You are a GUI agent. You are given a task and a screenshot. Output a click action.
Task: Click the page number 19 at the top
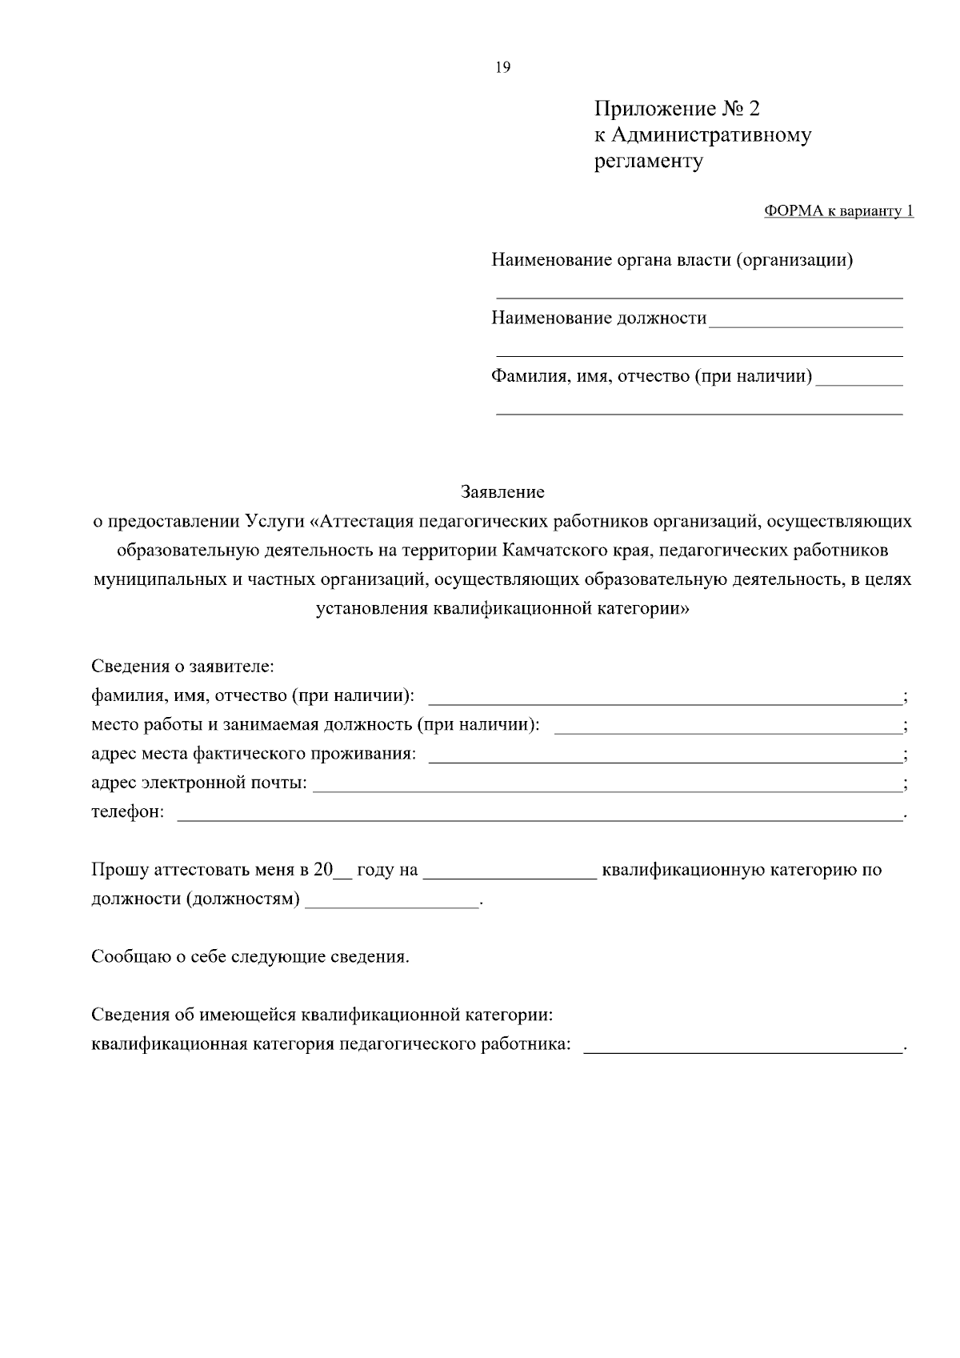[x=502, y=67]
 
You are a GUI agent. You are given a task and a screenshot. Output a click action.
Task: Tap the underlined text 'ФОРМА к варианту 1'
[x=838, y=211]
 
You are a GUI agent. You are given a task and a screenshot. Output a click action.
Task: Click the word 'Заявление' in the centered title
[x=502, y=492]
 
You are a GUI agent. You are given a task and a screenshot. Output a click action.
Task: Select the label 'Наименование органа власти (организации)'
[x=671, y=260]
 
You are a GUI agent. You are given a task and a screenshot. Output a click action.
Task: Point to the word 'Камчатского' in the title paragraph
[x=558, y=551]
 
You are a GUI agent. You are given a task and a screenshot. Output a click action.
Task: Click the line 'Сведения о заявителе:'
[x=183, y=666]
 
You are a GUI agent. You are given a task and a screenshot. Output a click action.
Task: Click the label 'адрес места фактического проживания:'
[x=254, y=754]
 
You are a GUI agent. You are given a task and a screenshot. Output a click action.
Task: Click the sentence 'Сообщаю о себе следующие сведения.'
[x=250, y=957]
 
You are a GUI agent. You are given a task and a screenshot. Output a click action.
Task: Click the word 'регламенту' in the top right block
[x=648, y=162]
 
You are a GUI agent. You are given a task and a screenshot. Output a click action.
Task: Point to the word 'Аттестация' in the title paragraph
[x=365, y=522]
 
